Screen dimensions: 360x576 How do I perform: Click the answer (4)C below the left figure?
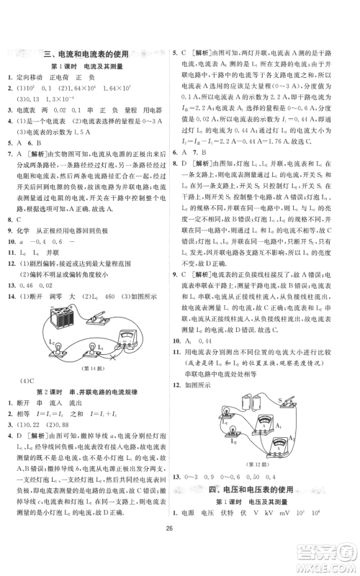point(27,379)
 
